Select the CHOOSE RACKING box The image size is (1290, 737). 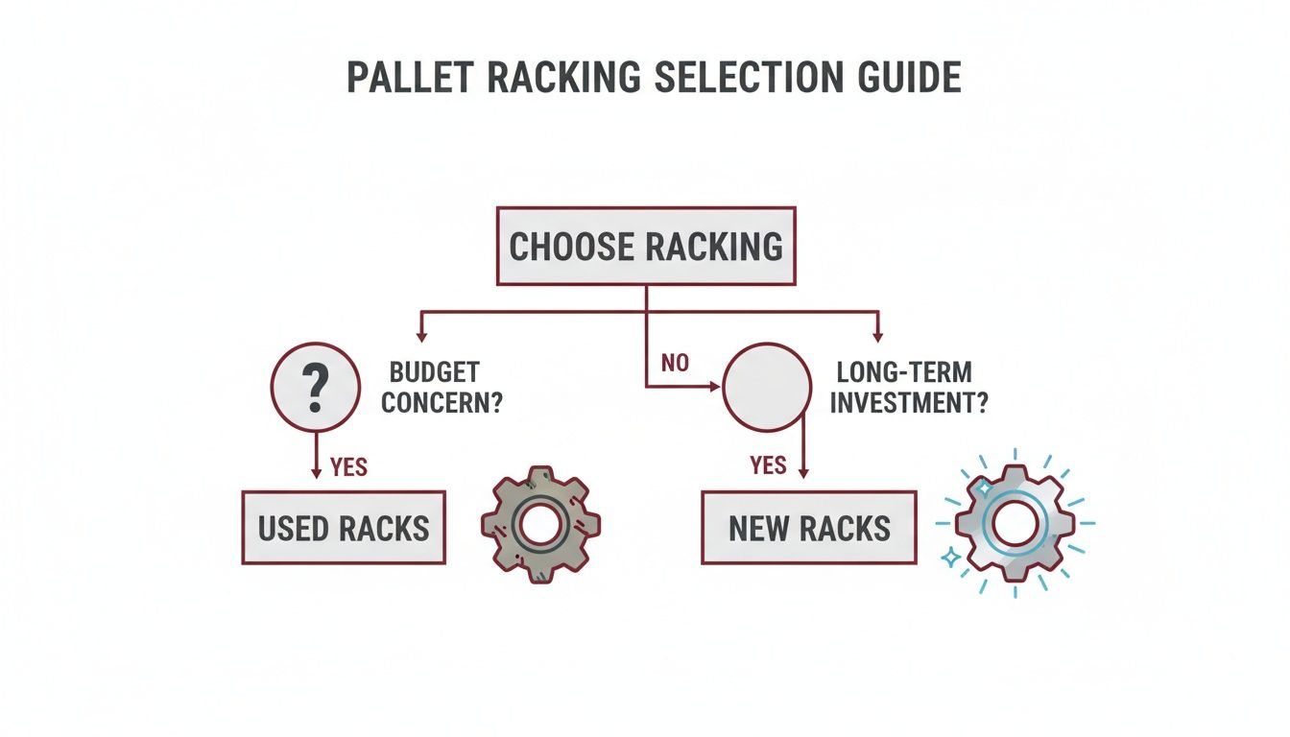tap(646, 246)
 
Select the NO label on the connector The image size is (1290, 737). tap(676, 365)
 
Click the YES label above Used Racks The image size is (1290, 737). tap(347, 467)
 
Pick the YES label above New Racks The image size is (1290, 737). tap(768, 466)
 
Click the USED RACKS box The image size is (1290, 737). tap(344, 527)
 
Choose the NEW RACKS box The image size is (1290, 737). tap(809, 527)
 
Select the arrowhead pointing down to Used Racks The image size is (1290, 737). tap(317, 472)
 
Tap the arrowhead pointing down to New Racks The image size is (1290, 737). tap(803, 472)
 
